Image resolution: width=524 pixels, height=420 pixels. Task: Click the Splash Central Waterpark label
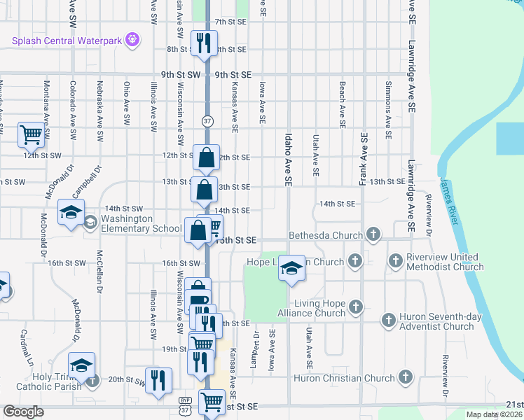click(x=67, y=41)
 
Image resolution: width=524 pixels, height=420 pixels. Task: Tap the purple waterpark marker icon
click(x=131, y=40)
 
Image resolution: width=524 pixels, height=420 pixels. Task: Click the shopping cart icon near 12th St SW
click(x=31, y=134)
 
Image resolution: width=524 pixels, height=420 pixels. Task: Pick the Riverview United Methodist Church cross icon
click(x=396, y=261)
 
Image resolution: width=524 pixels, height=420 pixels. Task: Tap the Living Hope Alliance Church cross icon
click(x=356, y=307)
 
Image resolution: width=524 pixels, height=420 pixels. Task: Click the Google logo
click(x=23, y=412)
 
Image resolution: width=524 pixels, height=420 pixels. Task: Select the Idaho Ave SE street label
click(x=288, y=160)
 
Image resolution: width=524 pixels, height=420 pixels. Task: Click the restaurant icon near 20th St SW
click(x=158, y=381)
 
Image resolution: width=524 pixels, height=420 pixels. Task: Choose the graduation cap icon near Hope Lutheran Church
click(x=291, y=267)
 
